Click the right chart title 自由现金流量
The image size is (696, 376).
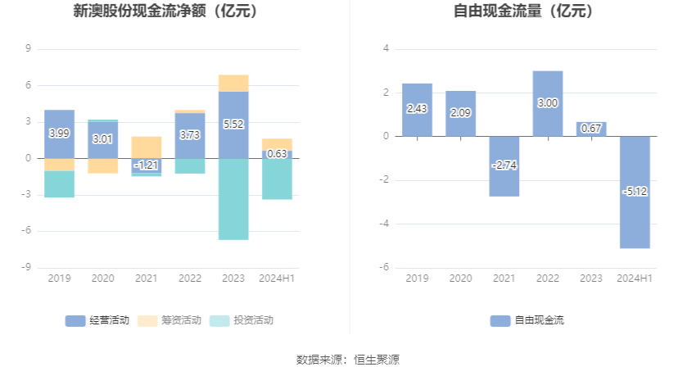[x=524, y=12]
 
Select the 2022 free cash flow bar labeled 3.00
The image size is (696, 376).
[x=548, y=103]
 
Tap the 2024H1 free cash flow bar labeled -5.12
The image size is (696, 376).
[x=635, y=192]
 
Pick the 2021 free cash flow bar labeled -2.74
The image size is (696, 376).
[x=504, y=166]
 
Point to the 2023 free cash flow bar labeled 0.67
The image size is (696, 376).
[x=591, y=129]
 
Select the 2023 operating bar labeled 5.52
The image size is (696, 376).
[x=233, y=125]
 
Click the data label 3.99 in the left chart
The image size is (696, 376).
[x=59, y=133]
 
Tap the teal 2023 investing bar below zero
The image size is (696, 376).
[x=233, y=198]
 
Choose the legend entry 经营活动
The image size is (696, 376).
[x=97, y=320]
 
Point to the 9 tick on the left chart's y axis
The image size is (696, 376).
[x=29, y=49]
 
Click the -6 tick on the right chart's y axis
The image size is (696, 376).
[x=384, y=268]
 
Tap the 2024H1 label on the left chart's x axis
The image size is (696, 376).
[x=277, y=279]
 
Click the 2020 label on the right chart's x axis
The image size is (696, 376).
[x=460, y=279]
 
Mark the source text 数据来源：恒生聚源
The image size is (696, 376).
[x=348, y=359]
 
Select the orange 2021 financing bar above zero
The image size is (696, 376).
[x=147, y=147]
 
